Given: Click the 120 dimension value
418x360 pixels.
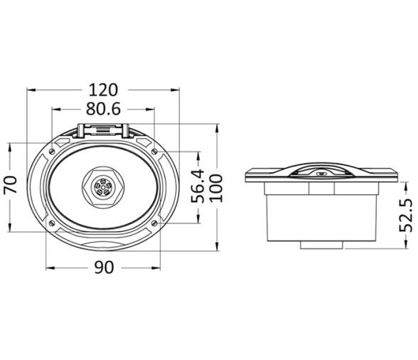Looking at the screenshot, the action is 103,90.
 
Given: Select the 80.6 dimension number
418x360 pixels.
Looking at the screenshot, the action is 104,109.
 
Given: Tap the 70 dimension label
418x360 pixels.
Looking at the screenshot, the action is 11,184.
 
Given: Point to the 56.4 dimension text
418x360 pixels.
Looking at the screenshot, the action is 198,186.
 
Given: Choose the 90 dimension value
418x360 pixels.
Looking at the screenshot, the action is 104,268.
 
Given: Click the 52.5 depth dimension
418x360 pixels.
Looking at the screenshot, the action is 406,216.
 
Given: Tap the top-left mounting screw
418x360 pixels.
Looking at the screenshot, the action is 52,152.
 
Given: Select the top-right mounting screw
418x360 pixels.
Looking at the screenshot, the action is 154,152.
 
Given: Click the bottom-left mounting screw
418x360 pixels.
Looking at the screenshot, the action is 52,223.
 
